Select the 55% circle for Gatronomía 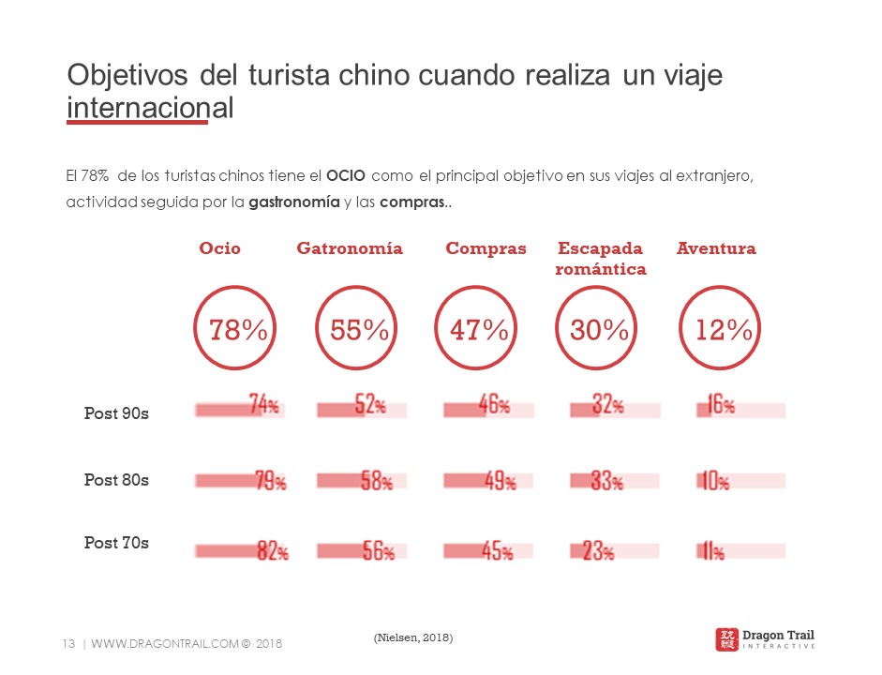pos(360,330)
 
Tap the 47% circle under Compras pos(480,330)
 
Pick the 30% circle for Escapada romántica pos(601,330)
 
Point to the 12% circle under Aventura pos(724,330)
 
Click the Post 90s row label pos(116,413)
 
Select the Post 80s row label pos(116,480)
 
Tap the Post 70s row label pos(116,543)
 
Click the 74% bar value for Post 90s pos(264,405)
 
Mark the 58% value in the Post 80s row pos(377,482)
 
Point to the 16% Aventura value pos(720,405)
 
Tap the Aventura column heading pos(716,248)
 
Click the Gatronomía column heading pos(350,248)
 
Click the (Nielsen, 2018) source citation pos(412,637)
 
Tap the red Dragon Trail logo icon pos(726,639)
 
